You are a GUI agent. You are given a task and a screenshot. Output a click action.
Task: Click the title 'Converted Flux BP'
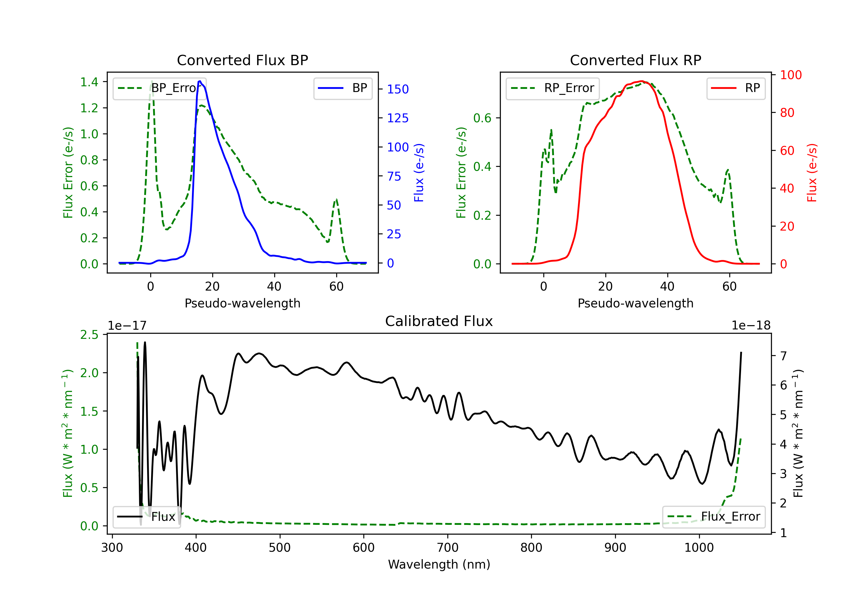242,60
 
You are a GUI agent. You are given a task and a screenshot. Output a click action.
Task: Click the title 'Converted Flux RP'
635,60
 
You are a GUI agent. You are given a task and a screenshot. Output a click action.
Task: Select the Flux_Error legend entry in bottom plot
714,517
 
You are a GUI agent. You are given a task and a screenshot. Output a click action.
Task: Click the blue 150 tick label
398,89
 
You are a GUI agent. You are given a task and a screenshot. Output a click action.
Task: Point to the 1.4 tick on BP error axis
89,82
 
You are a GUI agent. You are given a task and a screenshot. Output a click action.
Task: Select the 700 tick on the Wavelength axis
447,548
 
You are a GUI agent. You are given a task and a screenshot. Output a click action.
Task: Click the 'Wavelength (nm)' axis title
439,564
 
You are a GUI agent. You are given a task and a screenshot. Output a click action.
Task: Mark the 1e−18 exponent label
751,326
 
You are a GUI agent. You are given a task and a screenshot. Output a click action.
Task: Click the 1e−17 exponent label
127,326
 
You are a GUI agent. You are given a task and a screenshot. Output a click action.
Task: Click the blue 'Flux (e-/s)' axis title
419,173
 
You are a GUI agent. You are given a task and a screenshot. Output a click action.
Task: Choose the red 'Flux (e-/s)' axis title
812,173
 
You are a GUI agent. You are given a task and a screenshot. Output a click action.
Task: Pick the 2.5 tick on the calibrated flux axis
89,335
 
